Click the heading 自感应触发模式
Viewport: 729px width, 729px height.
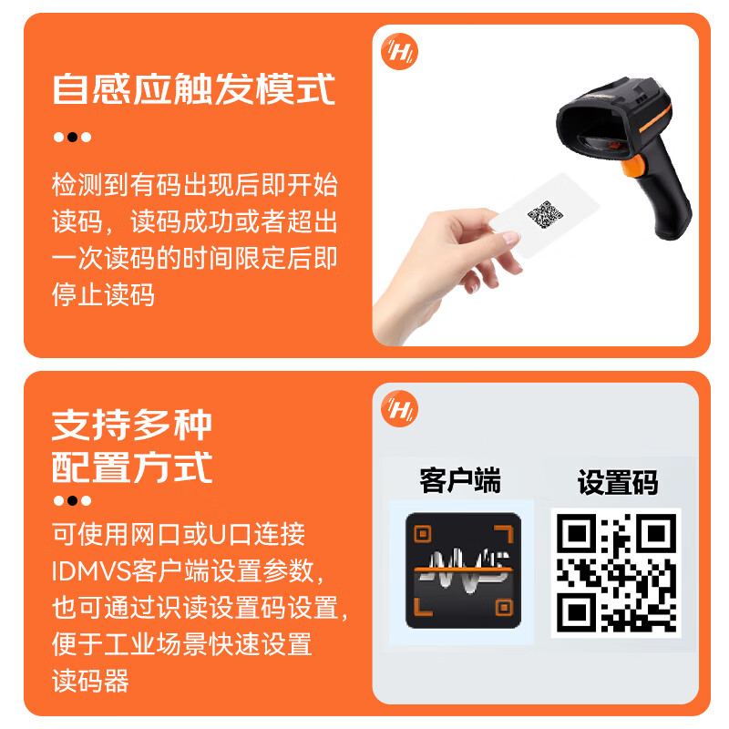pyautogui.click(x=194, y=89)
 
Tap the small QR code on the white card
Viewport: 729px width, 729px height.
pyautogui.click(x=545, y=216)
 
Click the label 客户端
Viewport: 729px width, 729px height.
pyautogui.click(x=460, y=480)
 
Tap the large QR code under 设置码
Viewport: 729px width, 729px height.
pyautogui.click(x=616, y=571)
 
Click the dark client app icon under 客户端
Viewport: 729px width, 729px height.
pyautogui.click(x=463, y=570)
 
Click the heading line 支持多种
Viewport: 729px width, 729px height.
pyautogui.click(x=132, y=425)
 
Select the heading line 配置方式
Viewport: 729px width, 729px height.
pyautogui.click(x=132, y=467)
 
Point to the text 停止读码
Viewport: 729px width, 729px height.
pyautogui.click(x=103, y=294)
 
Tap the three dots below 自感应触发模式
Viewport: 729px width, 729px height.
pyautogui.click(x=72, y=138)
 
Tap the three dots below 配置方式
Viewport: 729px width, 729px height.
pyautogui.click(x=72, y=500)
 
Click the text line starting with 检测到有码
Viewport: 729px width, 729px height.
pyautogui.click(x=194, y=185)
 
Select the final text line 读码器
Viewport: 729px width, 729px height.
pyautogui.click(x=90, y=680)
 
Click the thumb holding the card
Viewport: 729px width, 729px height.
pyautogui.click(x=492, y=239)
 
